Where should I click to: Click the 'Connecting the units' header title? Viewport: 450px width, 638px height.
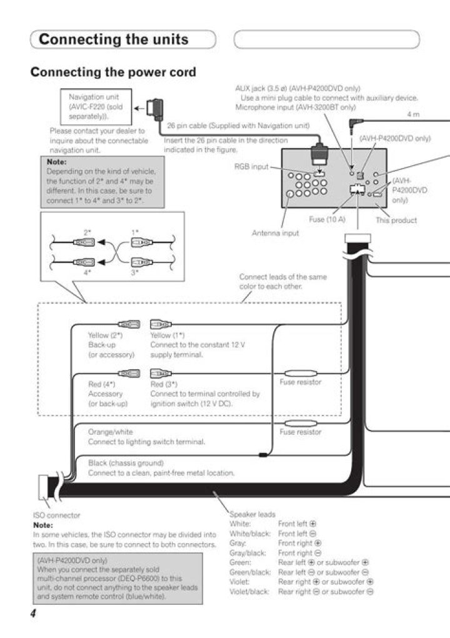(x=113, y=39)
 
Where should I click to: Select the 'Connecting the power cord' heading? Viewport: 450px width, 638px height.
(x=113, y=72)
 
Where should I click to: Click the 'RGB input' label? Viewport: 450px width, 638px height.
(x=251, y=167)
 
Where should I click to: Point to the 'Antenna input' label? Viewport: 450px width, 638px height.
(x=275, y=233)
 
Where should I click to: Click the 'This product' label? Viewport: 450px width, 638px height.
(x=396, y=220)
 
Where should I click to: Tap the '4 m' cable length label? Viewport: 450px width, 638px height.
(x=413, y=114)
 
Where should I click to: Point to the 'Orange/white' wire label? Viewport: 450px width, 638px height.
(x=110, y=432)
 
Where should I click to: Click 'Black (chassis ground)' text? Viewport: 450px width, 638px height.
(x=126, y=463)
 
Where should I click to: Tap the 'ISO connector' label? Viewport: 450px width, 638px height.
(x=56, y=516)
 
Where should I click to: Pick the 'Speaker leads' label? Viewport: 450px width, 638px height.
(x=252, y=514)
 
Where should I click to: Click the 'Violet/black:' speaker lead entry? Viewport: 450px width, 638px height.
(x=249, y=591)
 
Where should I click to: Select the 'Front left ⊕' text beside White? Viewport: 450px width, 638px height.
(x=297, y=524)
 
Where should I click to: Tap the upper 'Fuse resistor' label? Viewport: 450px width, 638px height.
(x=301, y=382)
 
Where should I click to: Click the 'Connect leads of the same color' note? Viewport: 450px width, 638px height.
(x=283, y=282)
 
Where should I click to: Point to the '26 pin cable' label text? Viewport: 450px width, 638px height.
(x=238, y=126)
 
